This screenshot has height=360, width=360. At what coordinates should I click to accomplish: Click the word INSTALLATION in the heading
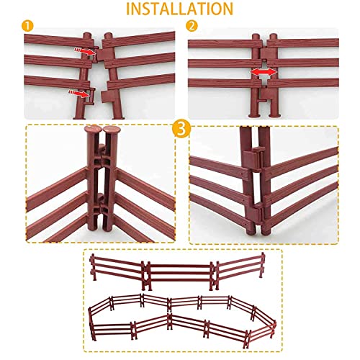179,9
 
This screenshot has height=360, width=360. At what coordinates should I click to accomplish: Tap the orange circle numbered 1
27,27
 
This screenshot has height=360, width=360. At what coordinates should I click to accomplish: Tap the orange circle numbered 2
192,27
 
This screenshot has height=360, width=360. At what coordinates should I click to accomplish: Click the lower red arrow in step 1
79,94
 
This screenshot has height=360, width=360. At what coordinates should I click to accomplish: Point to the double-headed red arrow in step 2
264,71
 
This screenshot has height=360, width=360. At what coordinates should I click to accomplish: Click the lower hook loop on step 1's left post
91,96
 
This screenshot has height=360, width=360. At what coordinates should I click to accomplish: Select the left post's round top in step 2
256,37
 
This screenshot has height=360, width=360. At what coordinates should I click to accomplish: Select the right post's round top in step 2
273,37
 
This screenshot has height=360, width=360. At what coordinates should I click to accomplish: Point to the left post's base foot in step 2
255,116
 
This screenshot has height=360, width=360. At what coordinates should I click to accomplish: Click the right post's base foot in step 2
274,116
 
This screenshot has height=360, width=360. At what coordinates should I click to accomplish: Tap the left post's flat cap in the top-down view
93,128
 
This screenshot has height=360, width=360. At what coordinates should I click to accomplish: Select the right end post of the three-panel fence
263,265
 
